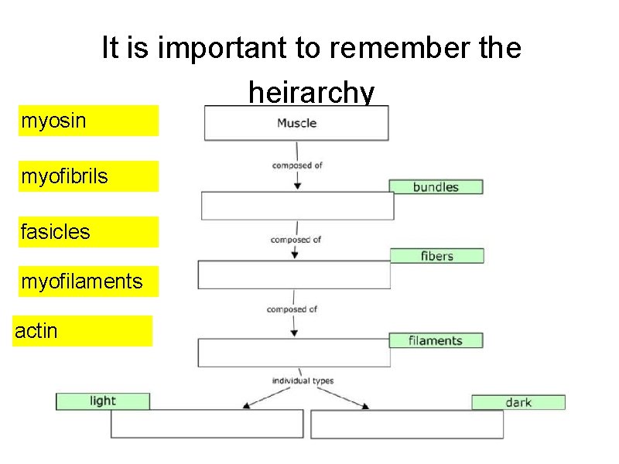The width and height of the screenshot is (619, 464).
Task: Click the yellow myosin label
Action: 88,121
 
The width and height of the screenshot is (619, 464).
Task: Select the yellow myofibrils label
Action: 88,176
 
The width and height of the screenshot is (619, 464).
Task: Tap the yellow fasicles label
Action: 88,232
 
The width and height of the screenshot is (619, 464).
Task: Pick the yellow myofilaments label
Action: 88,281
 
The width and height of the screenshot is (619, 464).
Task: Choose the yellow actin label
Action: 82,331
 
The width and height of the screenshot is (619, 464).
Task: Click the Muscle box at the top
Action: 296,123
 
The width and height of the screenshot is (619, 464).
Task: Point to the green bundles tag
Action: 436,186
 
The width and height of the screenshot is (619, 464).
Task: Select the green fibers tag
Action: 436,255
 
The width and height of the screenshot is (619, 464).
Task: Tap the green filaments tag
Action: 435,340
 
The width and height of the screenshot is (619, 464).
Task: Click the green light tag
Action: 102,401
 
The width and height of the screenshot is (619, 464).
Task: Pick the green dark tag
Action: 518,402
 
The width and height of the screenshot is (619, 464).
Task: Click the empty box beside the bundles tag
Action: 297,206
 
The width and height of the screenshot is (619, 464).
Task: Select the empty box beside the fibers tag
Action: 294,275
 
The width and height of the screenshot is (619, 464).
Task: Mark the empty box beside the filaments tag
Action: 294,353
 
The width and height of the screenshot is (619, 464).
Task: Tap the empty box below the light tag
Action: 207,424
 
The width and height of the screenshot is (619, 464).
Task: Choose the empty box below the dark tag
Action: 407,424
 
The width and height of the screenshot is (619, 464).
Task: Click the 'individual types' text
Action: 302,380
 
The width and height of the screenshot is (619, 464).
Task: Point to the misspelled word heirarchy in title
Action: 311,93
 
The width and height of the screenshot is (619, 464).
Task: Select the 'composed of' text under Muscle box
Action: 297,165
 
